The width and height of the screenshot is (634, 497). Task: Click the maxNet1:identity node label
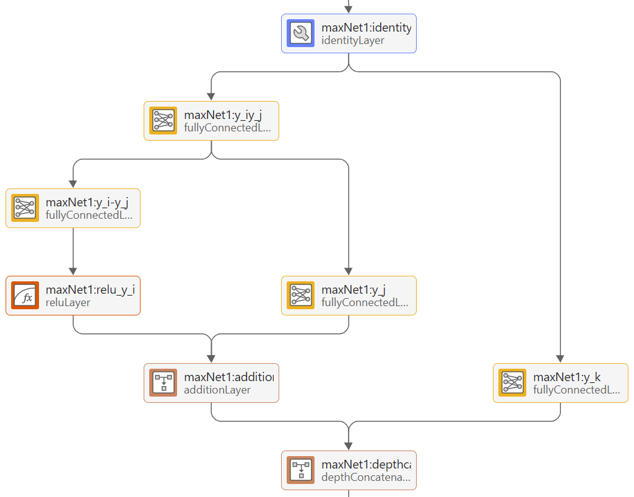(365, 27)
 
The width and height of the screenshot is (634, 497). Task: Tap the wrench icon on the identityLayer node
(302, 33)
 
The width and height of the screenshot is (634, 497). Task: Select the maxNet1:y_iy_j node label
(223, 115)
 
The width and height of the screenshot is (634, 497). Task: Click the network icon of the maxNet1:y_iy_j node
(163, 121)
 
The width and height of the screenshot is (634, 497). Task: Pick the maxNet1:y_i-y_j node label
(92, 202)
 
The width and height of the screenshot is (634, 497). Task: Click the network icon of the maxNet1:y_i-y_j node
(25, 208)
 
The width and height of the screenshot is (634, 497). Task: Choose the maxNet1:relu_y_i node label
(90, 289)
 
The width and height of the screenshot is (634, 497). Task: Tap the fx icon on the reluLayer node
(25, 296)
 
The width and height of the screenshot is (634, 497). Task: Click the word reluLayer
(68, 302)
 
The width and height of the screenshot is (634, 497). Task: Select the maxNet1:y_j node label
(354, 289)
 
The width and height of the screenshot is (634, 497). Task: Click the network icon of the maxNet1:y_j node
(301, 296)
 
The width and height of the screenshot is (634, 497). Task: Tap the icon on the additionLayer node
(163, 383)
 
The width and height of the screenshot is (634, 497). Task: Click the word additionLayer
(217, 390)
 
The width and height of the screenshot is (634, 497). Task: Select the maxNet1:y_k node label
(567, 377)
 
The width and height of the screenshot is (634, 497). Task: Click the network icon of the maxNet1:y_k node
(513, 383)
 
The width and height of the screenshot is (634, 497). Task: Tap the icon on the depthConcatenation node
(301, 470)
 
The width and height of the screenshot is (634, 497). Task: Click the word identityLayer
(353, 40)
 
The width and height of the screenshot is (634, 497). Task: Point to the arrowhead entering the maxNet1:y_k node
(560, 359)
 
